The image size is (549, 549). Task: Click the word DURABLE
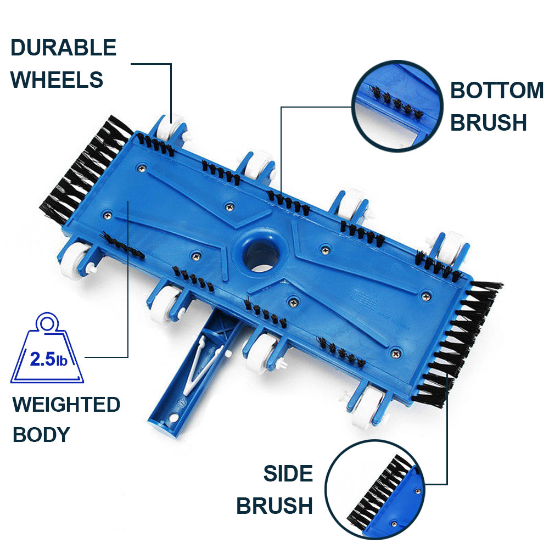click(63, 48)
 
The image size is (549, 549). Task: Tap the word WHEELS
click(57, 80)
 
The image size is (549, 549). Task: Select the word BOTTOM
click(496, 91)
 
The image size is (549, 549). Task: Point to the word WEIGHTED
click(66, 405)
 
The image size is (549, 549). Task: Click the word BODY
click(41, 434)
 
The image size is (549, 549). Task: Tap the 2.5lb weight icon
click(47, 348)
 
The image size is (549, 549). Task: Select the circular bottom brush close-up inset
click(397, 106)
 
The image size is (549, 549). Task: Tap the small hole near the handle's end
click(173, 417)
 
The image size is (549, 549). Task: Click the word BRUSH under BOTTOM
click(489, 122)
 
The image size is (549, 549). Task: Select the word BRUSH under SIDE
click(274, 506)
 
